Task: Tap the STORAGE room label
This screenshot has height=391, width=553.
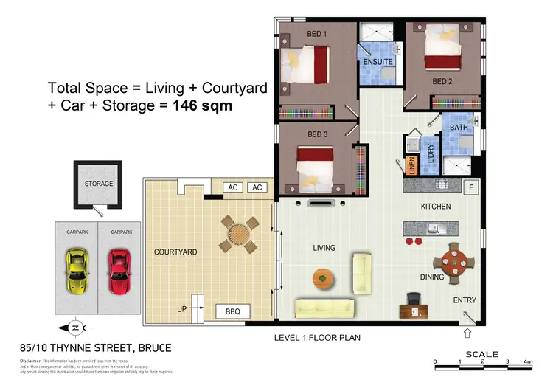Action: [98, 184]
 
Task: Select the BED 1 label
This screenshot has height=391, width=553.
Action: [317, 34]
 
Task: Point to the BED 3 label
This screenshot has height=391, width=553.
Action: [317, 134]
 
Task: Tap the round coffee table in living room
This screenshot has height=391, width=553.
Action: [323, 277]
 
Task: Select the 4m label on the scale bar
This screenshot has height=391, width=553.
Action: [528, 362]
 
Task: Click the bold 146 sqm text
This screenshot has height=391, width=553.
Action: [203, 105]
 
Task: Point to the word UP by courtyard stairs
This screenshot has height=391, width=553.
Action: [181, 308]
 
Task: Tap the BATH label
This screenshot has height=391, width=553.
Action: [459, 128]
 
